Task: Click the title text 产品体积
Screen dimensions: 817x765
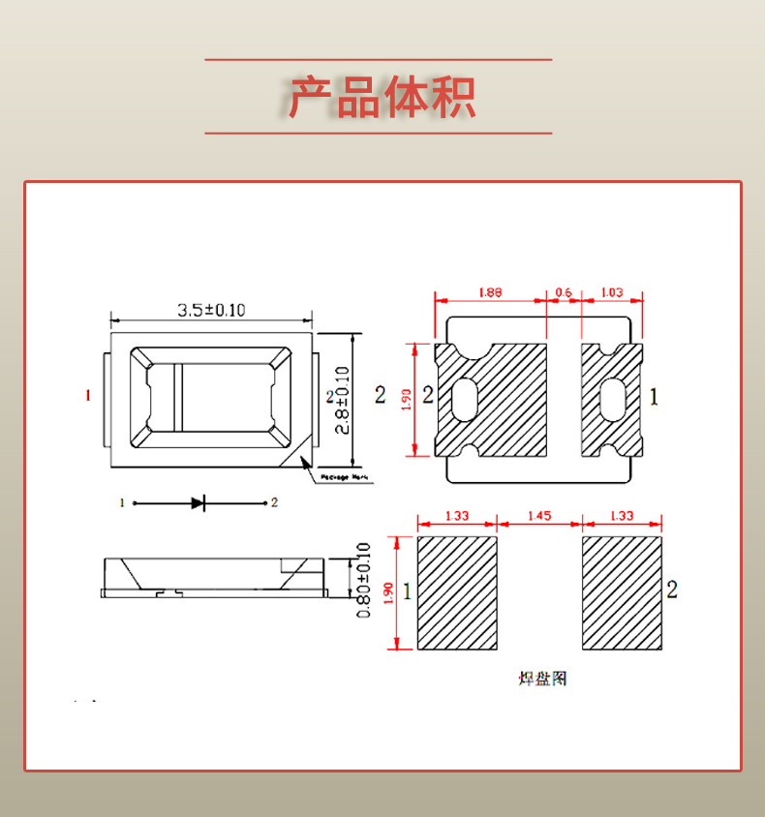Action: [382, 97]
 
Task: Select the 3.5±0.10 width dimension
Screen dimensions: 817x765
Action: [211, 310]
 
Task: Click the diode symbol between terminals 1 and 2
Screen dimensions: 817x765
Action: [198, 502]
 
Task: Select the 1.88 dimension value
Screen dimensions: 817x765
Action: [490, 291]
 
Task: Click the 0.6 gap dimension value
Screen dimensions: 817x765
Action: [564, 291]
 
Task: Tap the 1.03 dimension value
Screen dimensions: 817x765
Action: [612, 291]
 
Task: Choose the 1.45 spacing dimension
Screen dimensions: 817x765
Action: [539, 516]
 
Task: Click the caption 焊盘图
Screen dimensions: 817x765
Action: [542, 678]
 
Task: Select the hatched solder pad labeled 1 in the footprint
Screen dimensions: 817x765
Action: [457, 592]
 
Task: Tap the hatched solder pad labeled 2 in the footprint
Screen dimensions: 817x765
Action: [622, 592]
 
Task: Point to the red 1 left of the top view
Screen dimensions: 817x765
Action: [88, 395]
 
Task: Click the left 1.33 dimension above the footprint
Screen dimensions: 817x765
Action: [456, 516]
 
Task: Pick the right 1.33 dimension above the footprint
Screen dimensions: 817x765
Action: [622, 516]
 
